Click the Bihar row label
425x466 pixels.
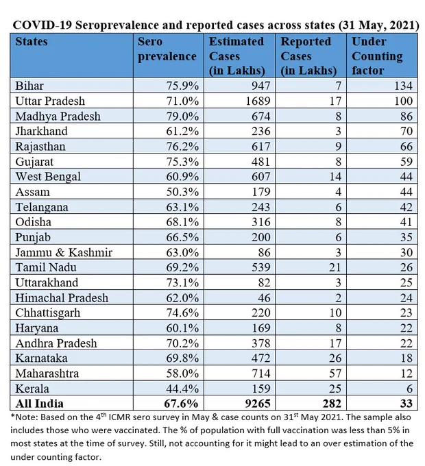(29, 86)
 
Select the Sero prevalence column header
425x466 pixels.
(167, 49)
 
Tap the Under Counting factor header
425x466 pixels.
(377, 56)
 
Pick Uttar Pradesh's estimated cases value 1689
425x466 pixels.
(258, 101)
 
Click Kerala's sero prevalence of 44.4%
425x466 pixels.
(182, 389)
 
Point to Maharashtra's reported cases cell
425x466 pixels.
(335, 373)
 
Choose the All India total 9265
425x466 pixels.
(258, 404)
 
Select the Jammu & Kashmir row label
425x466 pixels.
(64, 252)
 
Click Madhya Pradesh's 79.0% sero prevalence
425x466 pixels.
(182, 116)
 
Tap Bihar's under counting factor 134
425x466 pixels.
(403, 86)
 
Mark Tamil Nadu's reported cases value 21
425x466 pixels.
(335, 267)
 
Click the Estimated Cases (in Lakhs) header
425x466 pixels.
(236, 56)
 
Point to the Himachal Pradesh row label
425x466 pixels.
(62, 298)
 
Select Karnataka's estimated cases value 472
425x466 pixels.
(261, 358)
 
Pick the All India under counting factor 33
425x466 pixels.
(406, 404)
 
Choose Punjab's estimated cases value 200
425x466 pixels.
(261, 237)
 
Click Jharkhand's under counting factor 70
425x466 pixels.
(406, 132)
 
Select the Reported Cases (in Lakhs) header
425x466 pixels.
(308, 56)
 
